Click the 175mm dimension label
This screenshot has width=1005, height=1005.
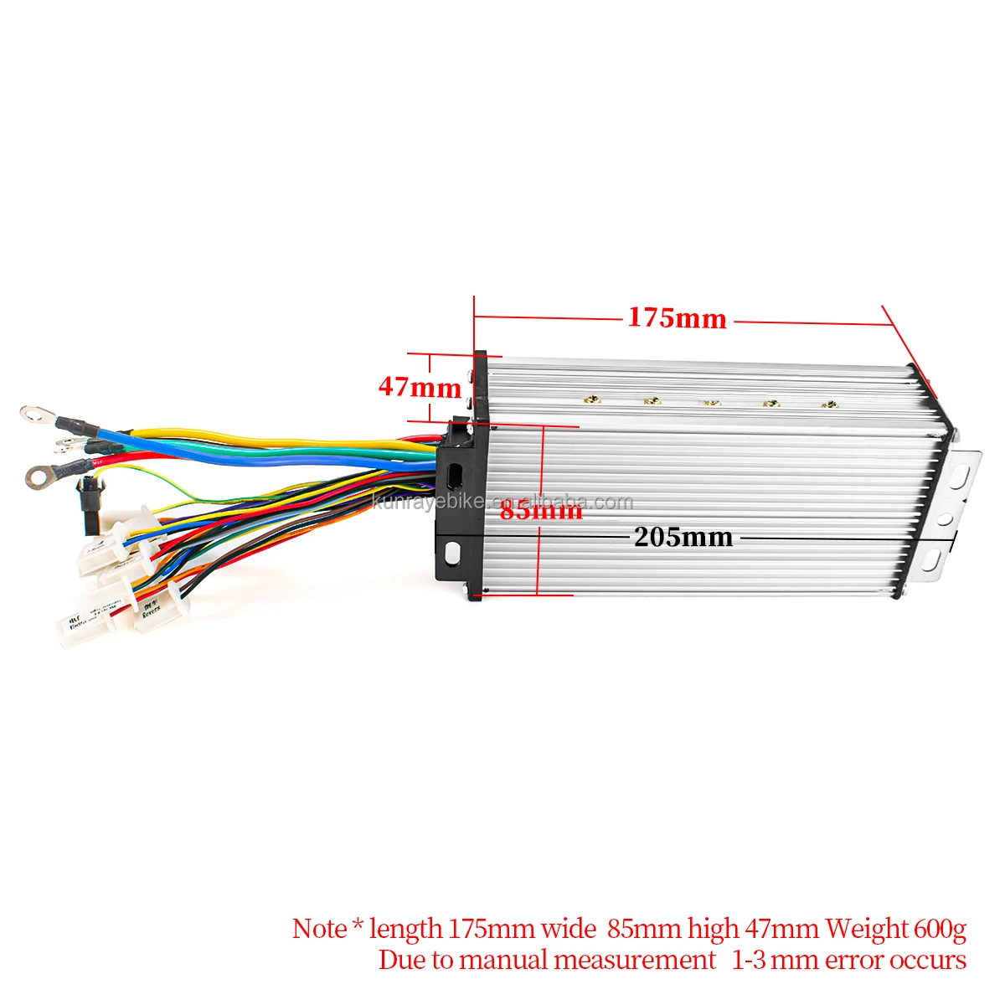point(677,319)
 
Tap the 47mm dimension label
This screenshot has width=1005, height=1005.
point(420,387)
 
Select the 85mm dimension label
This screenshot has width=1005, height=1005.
point(541,510)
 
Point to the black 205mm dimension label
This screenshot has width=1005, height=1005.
point(683,537)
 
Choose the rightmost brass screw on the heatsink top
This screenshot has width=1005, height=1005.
point(829,405)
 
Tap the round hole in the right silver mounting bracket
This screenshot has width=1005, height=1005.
point(946,519)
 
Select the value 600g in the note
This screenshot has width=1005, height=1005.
point(940,929)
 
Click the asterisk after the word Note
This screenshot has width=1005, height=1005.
point(358,925)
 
